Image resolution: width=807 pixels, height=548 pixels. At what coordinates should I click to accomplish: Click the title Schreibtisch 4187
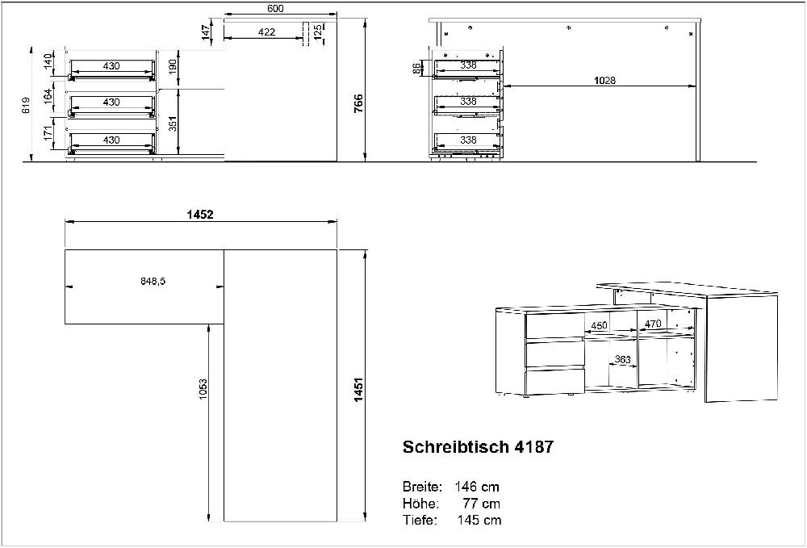(x=478, y=446)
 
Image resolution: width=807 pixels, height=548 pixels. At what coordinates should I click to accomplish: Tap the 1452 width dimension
(x=199, y=214)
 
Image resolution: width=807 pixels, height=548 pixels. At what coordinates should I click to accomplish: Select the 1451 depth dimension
(x=358, y=390)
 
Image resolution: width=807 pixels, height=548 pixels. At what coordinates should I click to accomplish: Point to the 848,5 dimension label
(x=153, y=281)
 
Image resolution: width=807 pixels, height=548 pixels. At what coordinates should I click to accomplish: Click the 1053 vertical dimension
(x=203, y=391)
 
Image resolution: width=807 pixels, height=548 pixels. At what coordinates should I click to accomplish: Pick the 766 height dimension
(x=358, y=103)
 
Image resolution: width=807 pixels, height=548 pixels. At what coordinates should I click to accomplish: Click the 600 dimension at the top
(x=275, y=8)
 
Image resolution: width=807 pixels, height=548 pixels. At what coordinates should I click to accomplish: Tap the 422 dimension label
(x=266, y=32)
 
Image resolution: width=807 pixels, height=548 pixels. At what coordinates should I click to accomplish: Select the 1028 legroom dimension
(x=604, y=80)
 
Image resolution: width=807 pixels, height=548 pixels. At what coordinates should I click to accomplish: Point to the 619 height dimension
(x=27, y=105)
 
